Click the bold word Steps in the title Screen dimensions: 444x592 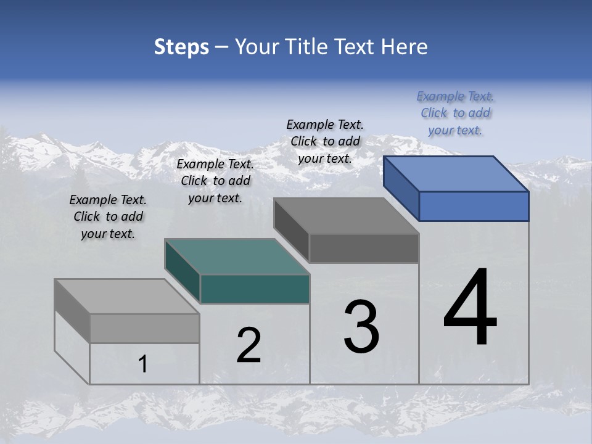pos(181,47)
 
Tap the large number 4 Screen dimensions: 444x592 pos(470,308)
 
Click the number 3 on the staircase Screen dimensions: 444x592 pos(361,327)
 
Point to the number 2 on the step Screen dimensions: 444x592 pos(249,345)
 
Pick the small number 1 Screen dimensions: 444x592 pos(143,364)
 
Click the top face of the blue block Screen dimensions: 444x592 pos(456,173)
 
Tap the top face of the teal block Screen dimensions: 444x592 pos(237,257)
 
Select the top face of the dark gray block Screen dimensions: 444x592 pos(346,216)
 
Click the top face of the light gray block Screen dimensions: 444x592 pos(126,297)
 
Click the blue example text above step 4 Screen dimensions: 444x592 pos(455,113)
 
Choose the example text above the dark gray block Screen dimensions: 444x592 pos(325,141)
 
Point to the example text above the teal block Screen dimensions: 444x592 pos(215,181)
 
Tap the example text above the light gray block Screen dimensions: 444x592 pos(108,216)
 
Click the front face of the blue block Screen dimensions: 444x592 pos(474,206)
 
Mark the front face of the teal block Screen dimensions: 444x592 pos(255,289)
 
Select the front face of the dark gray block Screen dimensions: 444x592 pos(364,248)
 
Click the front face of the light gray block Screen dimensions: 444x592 pos(144,328)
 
